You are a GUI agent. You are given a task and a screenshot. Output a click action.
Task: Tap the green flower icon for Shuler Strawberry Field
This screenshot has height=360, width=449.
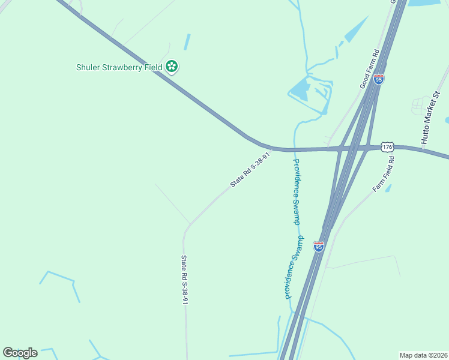[x=172, y=67]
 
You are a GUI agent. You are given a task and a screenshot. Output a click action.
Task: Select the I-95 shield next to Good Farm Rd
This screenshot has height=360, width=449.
[x=378, y=79]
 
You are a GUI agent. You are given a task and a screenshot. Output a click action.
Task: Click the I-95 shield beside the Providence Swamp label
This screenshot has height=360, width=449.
[x=318, y=246]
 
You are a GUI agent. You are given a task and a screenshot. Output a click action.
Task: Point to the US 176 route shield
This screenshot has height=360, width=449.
[x=388, y=147]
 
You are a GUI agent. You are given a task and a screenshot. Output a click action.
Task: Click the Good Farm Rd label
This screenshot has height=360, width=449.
[x=370, y=69]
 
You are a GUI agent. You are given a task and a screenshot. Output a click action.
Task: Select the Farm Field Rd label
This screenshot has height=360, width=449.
[x=384, y=175]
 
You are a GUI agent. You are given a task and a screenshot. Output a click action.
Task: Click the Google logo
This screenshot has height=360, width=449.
[x=20, y=353]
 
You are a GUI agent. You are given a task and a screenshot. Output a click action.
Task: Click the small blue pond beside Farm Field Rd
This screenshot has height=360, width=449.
[x=388, y=188]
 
